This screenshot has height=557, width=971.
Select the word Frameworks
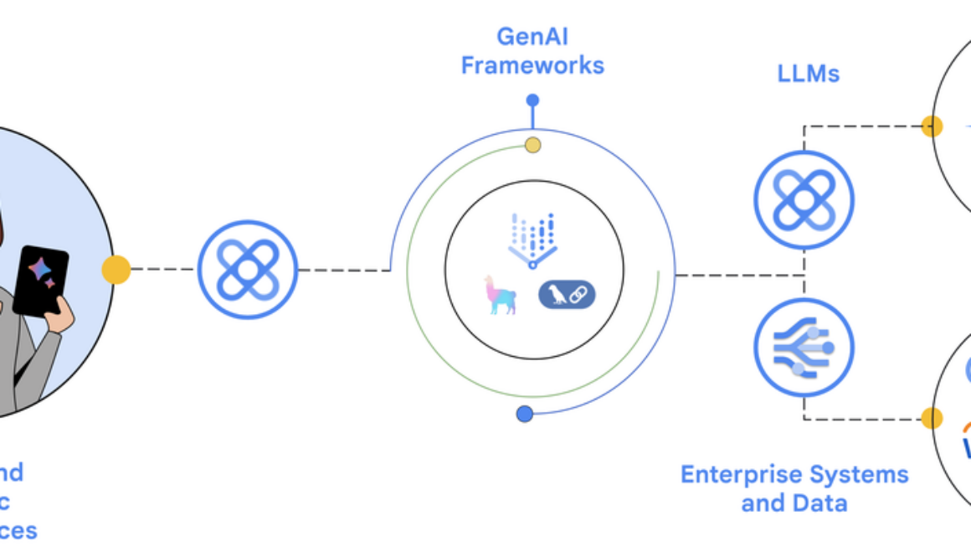[532, 65]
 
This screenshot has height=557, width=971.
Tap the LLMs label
[808, 74]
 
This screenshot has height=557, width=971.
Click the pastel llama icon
[501, 295]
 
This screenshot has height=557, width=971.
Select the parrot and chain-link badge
[567, 294]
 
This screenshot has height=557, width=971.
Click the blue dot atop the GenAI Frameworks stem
[532, 101]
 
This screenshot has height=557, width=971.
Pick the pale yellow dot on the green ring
[532, 146]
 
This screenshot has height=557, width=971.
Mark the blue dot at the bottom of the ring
[525, 414]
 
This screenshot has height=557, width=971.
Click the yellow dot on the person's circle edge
[116, 270]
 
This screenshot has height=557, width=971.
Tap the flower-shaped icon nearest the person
[247, 270]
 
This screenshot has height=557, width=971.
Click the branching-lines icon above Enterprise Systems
[804, 347]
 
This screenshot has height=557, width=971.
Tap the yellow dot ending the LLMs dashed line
[932, 126]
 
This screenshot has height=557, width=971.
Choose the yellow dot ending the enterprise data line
[932, 418]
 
